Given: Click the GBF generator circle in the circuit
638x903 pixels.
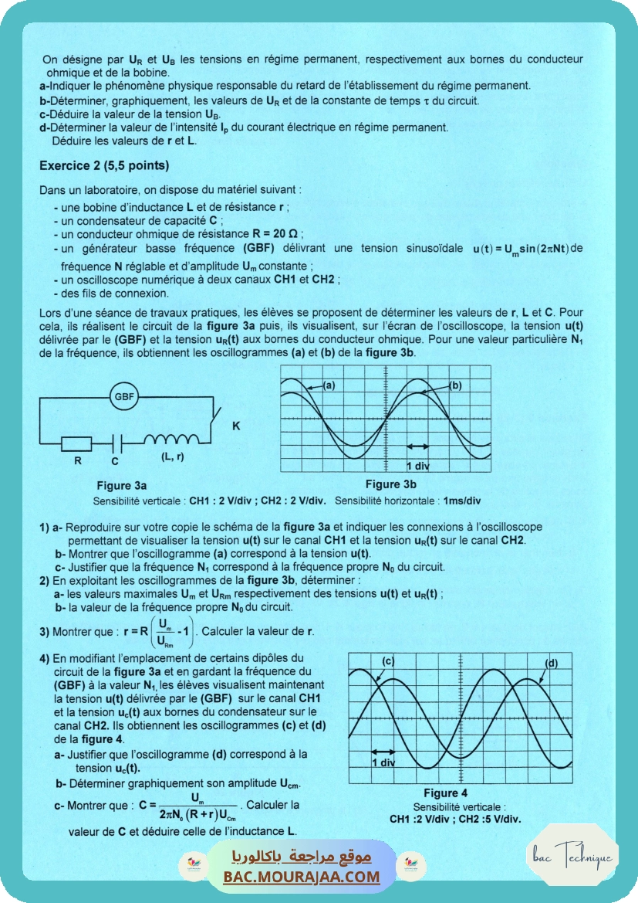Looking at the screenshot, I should pos(124,397).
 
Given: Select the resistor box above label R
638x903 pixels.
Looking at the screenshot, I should pos(77,443).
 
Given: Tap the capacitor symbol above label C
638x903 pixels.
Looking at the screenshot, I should pos(115,443).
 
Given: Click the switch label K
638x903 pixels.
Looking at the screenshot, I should pos(236,426).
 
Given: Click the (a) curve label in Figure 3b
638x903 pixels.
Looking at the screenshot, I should pos(328,385).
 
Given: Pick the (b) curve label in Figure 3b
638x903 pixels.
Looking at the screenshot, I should pos(454,385).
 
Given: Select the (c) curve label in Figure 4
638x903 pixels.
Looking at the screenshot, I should pos(388,660).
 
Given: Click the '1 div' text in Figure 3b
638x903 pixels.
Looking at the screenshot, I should pos(417,466).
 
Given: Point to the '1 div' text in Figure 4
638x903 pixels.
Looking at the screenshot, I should pos(383,762).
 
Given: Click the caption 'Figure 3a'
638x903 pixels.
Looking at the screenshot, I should pos(121,486).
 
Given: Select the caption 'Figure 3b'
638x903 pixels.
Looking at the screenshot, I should pos(390,484).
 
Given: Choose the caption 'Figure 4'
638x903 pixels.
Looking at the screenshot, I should pos(445,793).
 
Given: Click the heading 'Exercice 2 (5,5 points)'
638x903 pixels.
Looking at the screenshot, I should pos(104,165).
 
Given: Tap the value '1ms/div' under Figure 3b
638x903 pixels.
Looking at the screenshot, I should pos(462,501).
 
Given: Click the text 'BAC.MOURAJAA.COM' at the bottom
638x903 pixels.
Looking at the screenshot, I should pos(302,877).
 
